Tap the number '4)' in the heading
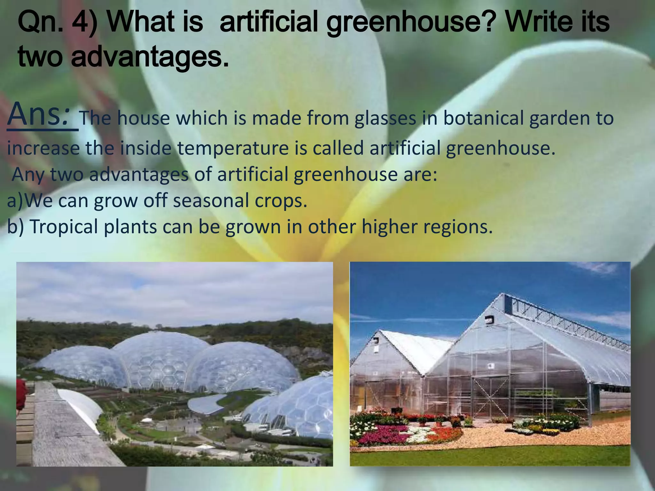[x=86, y=23]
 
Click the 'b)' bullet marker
[x=15, y=227]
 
